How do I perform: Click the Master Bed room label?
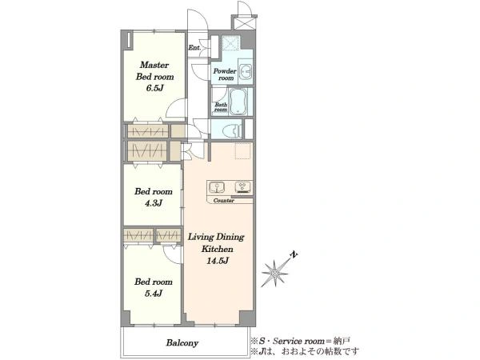[154, 70]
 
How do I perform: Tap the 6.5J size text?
[154, 88]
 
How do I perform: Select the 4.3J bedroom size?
[154, 203]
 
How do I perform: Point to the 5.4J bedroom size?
[154, 294]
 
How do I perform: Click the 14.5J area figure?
[218, 261]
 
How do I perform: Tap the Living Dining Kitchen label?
[216, 242]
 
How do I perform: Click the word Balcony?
[182, 343]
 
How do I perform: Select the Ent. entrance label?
[194, 48]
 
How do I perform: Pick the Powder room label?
[225, 74]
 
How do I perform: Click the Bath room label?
[221, 107]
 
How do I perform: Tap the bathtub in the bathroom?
[238, 102]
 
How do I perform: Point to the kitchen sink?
[217, 187]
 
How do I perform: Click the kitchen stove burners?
[242, 186]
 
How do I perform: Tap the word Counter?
[224, 201]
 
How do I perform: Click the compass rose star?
[274, 273]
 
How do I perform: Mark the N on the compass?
[294, 254]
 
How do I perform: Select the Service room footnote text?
[301, 341]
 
